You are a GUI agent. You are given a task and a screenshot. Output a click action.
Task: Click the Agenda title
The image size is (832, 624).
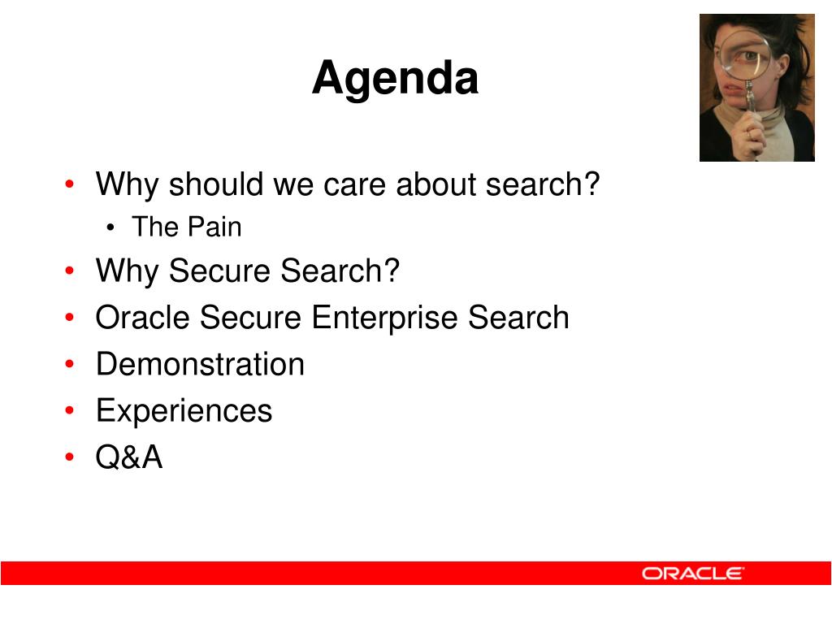(x=396, y=80)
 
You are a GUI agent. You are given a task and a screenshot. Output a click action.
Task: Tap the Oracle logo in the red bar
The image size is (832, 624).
(x=692, y=574)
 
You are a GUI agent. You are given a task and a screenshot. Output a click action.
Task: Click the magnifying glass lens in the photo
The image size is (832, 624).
(x=746, y=55)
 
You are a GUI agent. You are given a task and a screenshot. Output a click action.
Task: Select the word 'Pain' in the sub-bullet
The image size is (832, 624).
(x=214, y=227)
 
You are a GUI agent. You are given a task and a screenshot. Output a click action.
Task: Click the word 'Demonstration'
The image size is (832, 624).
(x=200, y=365)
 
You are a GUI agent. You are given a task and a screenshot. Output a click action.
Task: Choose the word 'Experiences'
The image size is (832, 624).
(x=184, y=412)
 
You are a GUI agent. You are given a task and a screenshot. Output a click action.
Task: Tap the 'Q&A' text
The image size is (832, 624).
(x=129, y=457)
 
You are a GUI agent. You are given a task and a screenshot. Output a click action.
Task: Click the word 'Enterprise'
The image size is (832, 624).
(x=384, y=318)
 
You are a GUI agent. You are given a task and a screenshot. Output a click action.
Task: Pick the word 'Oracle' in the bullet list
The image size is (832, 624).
(x=142, y=318)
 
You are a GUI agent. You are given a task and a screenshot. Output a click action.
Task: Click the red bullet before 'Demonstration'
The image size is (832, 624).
(x=70, y=364)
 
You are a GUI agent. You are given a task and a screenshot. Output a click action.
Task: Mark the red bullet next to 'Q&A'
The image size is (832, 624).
(x=70, y=457)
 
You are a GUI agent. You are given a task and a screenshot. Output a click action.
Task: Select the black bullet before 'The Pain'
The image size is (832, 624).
(x=110, y=228)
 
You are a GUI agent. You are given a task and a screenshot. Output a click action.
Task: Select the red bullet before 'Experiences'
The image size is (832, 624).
(x=70, y=410)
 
